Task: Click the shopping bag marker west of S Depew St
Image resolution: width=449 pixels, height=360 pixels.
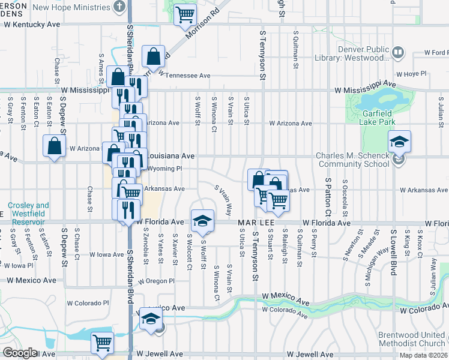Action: pos(54,146)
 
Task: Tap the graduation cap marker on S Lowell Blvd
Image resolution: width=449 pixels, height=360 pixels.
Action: pos(399,143)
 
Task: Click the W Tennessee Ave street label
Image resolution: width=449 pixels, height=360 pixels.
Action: pos(184,76)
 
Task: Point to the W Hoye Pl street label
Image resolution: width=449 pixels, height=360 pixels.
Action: pos(411,74)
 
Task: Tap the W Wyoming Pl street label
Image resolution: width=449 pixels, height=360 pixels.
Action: pos(164,169)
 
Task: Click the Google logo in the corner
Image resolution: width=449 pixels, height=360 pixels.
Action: pos(20,353)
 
